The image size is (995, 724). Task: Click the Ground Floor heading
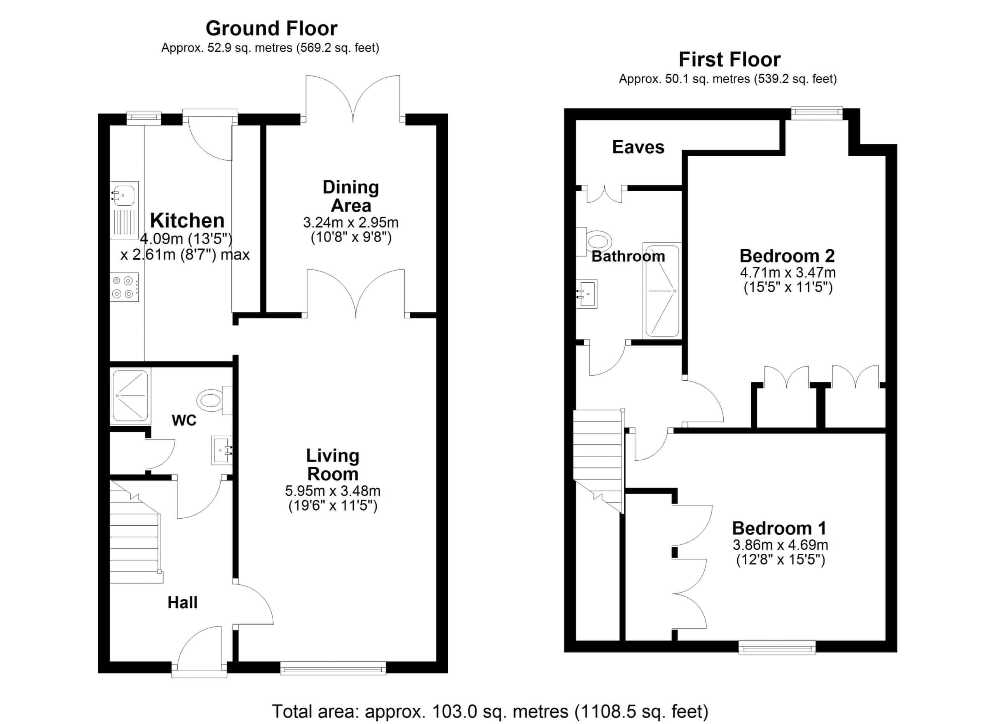[272, 28]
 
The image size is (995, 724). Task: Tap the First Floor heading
[730, 59]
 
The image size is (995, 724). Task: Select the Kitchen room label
[187, 220]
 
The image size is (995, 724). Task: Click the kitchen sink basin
[124, 194]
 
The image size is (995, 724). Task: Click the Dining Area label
[351, 196]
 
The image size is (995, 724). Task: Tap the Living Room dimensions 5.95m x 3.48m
[333, 491]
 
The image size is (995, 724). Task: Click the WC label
[184, 420]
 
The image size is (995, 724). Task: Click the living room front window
[333, 669]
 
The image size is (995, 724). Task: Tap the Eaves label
[638, 147]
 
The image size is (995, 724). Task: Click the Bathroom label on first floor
[628, 256]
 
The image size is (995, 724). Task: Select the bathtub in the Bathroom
[662, 290]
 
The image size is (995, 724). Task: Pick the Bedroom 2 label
[787, 255]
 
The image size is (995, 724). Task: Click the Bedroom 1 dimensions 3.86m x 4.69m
[780, 545]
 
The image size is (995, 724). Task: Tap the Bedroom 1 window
[777, 647]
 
